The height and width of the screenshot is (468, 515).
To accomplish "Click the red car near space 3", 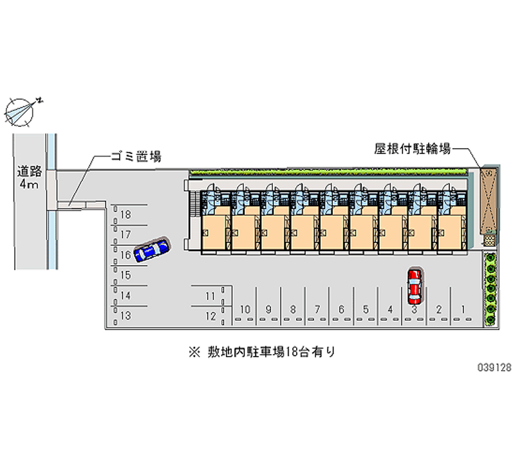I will (415, 286).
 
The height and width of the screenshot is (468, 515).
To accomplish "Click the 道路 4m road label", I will (29, 178).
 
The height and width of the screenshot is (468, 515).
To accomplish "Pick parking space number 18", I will (126, 214).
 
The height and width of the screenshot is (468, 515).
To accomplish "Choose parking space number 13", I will (126, 315).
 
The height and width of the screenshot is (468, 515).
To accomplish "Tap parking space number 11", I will (210, 296).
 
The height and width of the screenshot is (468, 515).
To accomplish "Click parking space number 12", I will (210, 315).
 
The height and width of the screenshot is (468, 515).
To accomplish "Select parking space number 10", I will (244, 310).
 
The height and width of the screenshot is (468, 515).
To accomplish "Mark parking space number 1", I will (463, 310).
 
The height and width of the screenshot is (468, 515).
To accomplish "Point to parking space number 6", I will (341, 310).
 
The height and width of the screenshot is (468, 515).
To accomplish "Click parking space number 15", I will (126, 275).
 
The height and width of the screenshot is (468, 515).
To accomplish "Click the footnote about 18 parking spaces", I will (262, 352).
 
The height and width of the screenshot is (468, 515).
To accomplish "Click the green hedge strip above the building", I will (328, 172).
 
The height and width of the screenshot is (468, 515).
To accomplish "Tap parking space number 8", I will (292, 310).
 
